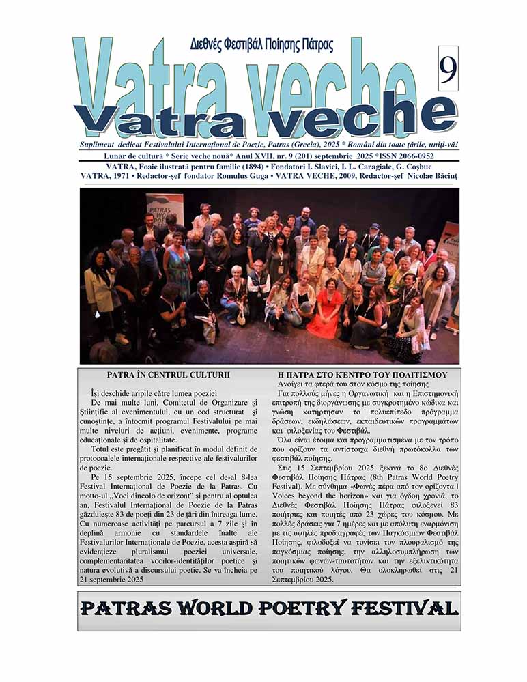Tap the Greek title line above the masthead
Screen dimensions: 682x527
pos(261,46)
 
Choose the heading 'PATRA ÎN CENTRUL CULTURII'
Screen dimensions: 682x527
pos(169,375)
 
